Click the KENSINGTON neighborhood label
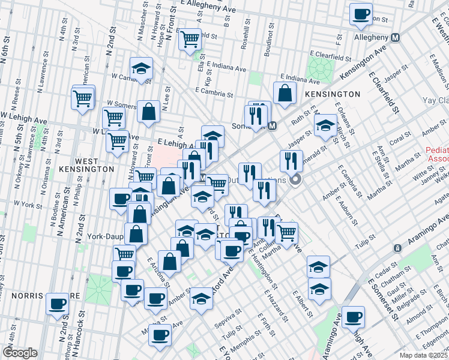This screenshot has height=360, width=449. click(x=332, y=94)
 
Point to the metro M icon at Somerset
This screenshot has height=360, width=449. click(x=272, y=126)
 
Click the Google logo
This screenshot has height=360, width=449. click(x=20, y=352)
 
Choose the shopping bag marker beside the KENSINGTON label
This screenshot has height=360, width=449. click(x=285, y=93)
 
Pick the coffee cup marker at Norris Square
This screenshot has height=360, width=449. click(x=58, y=304)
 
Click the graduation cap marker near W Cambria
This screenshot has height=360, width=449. click(x=141, y=68)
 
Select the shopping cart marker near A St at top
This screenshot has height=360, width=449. click(x=190, y=40)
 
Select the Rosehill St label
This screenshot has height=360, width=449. click(x=245, y=37)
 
